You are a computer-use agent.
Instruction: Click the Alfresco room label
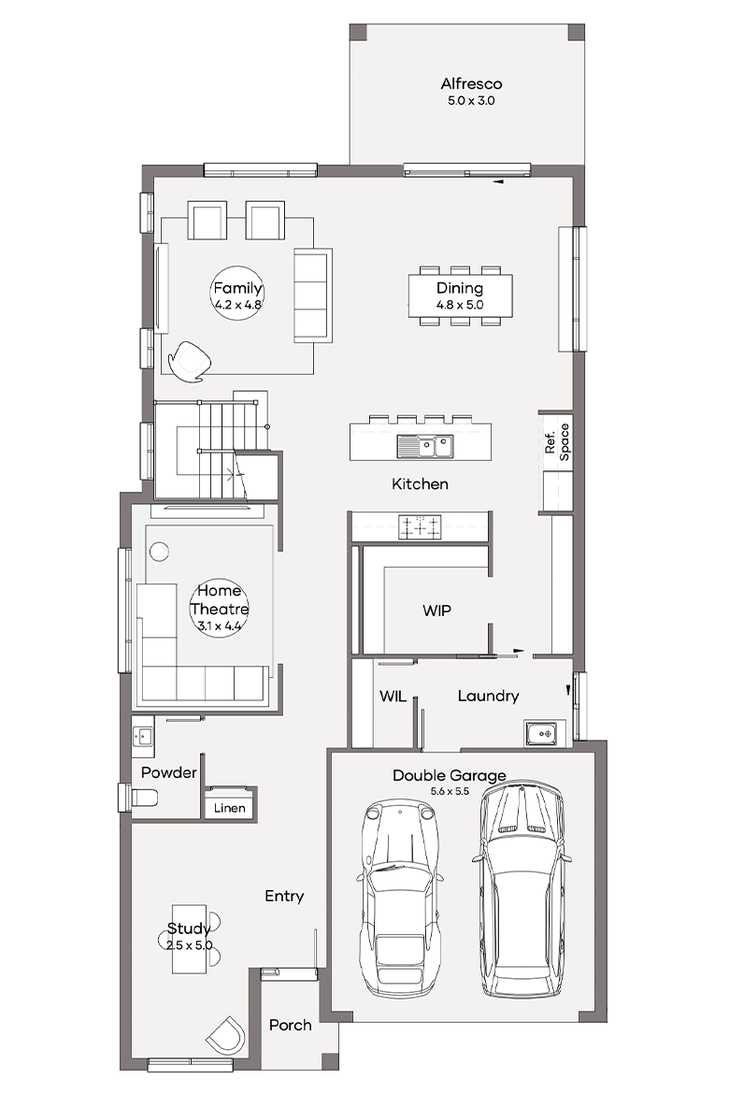(471, 84)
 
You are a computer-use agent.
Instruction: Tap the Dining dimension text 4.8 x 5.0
(460, 305)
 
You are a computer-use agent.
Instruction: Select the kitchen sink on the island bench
(425, 446)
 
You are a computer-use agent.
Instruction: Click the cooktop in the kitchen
(420, 526)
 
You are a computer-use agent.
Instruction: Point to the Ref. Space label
(557, 441)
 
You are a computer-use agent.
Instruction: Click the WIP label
(436, 611)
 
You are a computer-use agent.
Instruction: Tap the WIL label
(393, 696)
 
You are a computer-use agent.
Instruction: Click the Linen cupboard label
(230, 808)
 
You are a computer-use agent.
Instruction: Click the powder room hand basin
(143, 736)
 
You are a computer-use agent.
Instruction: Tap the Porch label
(291, 1025)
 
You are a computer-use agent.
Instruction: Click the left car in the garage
(400, 899)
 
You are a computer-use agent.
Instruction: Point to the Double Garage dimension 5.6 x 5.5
(450, 791)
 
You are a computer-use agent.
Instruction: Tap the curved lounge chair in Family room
(189, 362)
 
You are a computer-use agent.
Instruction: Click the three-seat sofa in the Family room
(312, 295)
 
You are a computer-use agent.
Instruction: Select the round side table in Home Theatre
(159, 551)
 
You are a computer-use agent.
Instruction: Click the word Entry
(284, 896)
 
